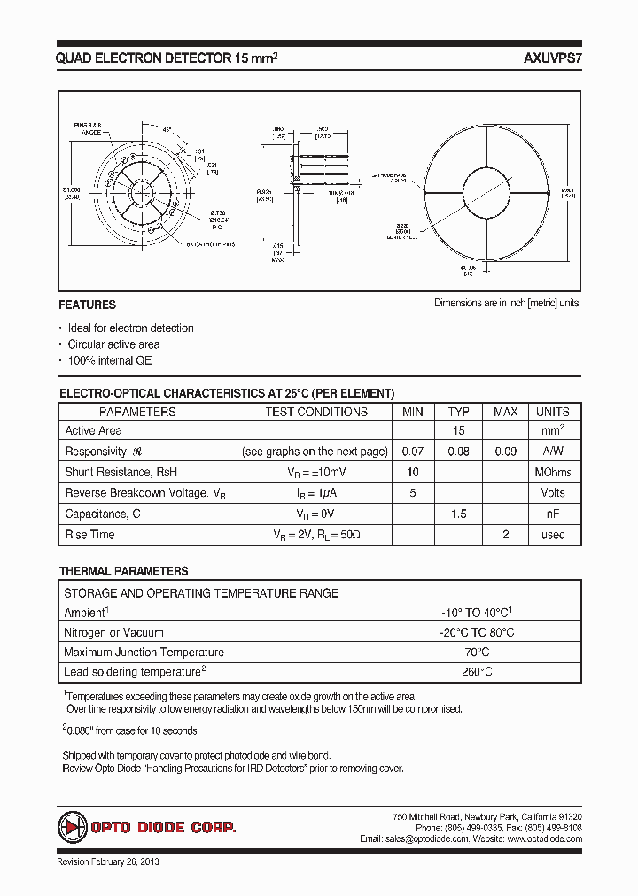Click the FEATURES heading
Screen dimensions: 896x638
87,305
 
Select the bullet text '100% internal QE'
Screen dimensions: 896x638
110,361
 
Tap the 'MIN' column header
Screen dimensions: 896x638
413,412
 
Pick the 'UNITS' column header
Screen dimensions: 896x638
552,412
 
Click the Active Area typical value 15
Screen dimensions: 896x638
458,431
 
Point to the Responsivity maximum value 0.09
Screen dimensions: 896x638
505,452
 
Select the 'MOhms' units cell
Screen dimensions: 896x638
552,472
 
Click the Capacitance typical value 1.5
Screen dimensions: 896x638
458,514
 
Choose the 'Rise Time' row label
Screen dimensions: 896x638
90,535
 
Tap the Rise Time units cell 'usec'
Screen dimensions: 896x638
552,535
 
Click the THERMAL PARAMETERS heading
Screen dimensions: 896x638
123,572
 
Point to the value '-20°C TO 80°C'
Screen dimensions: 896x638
477,633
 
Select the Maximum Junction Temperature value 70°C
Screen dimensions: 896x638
477,653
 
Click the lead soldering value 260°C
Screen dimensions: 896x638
477,672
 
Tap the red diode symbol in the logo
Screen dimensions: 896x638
72,827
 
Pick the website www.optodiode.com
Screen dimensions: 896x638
538,838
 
